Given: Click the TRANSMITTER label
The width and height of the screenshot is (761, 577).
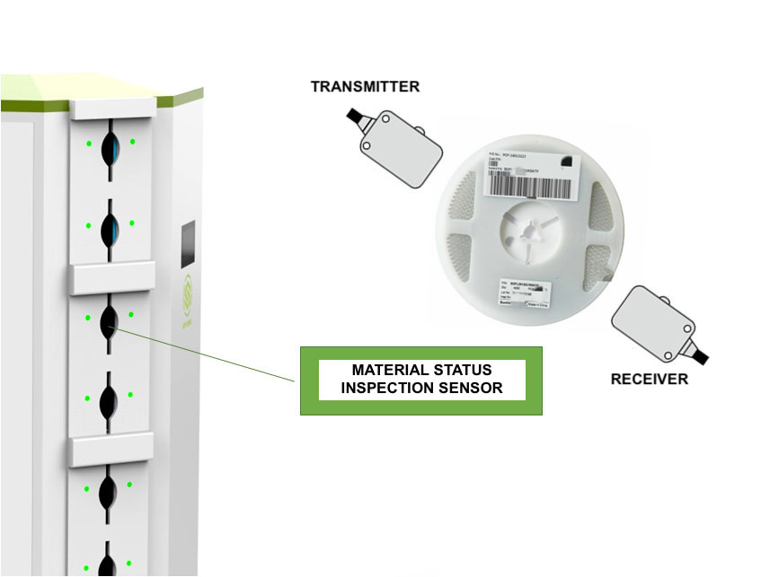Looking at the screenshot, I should coord(365,87).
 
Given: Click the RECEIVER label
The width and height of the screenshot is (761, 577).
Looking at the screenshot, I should coord(649,380).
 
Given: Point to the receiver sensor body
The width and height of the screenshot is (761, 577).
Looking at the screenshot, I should coord(652,318).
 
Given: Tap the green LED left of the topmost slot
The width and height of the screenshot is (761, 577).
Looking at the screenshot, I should coord(88,143).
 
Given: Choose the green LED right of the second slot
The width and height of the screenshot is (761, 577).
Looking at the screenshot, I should coord(132,223).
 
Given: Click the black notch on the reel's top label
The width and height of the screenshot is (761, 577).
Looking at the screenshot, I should coord(567,160).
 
